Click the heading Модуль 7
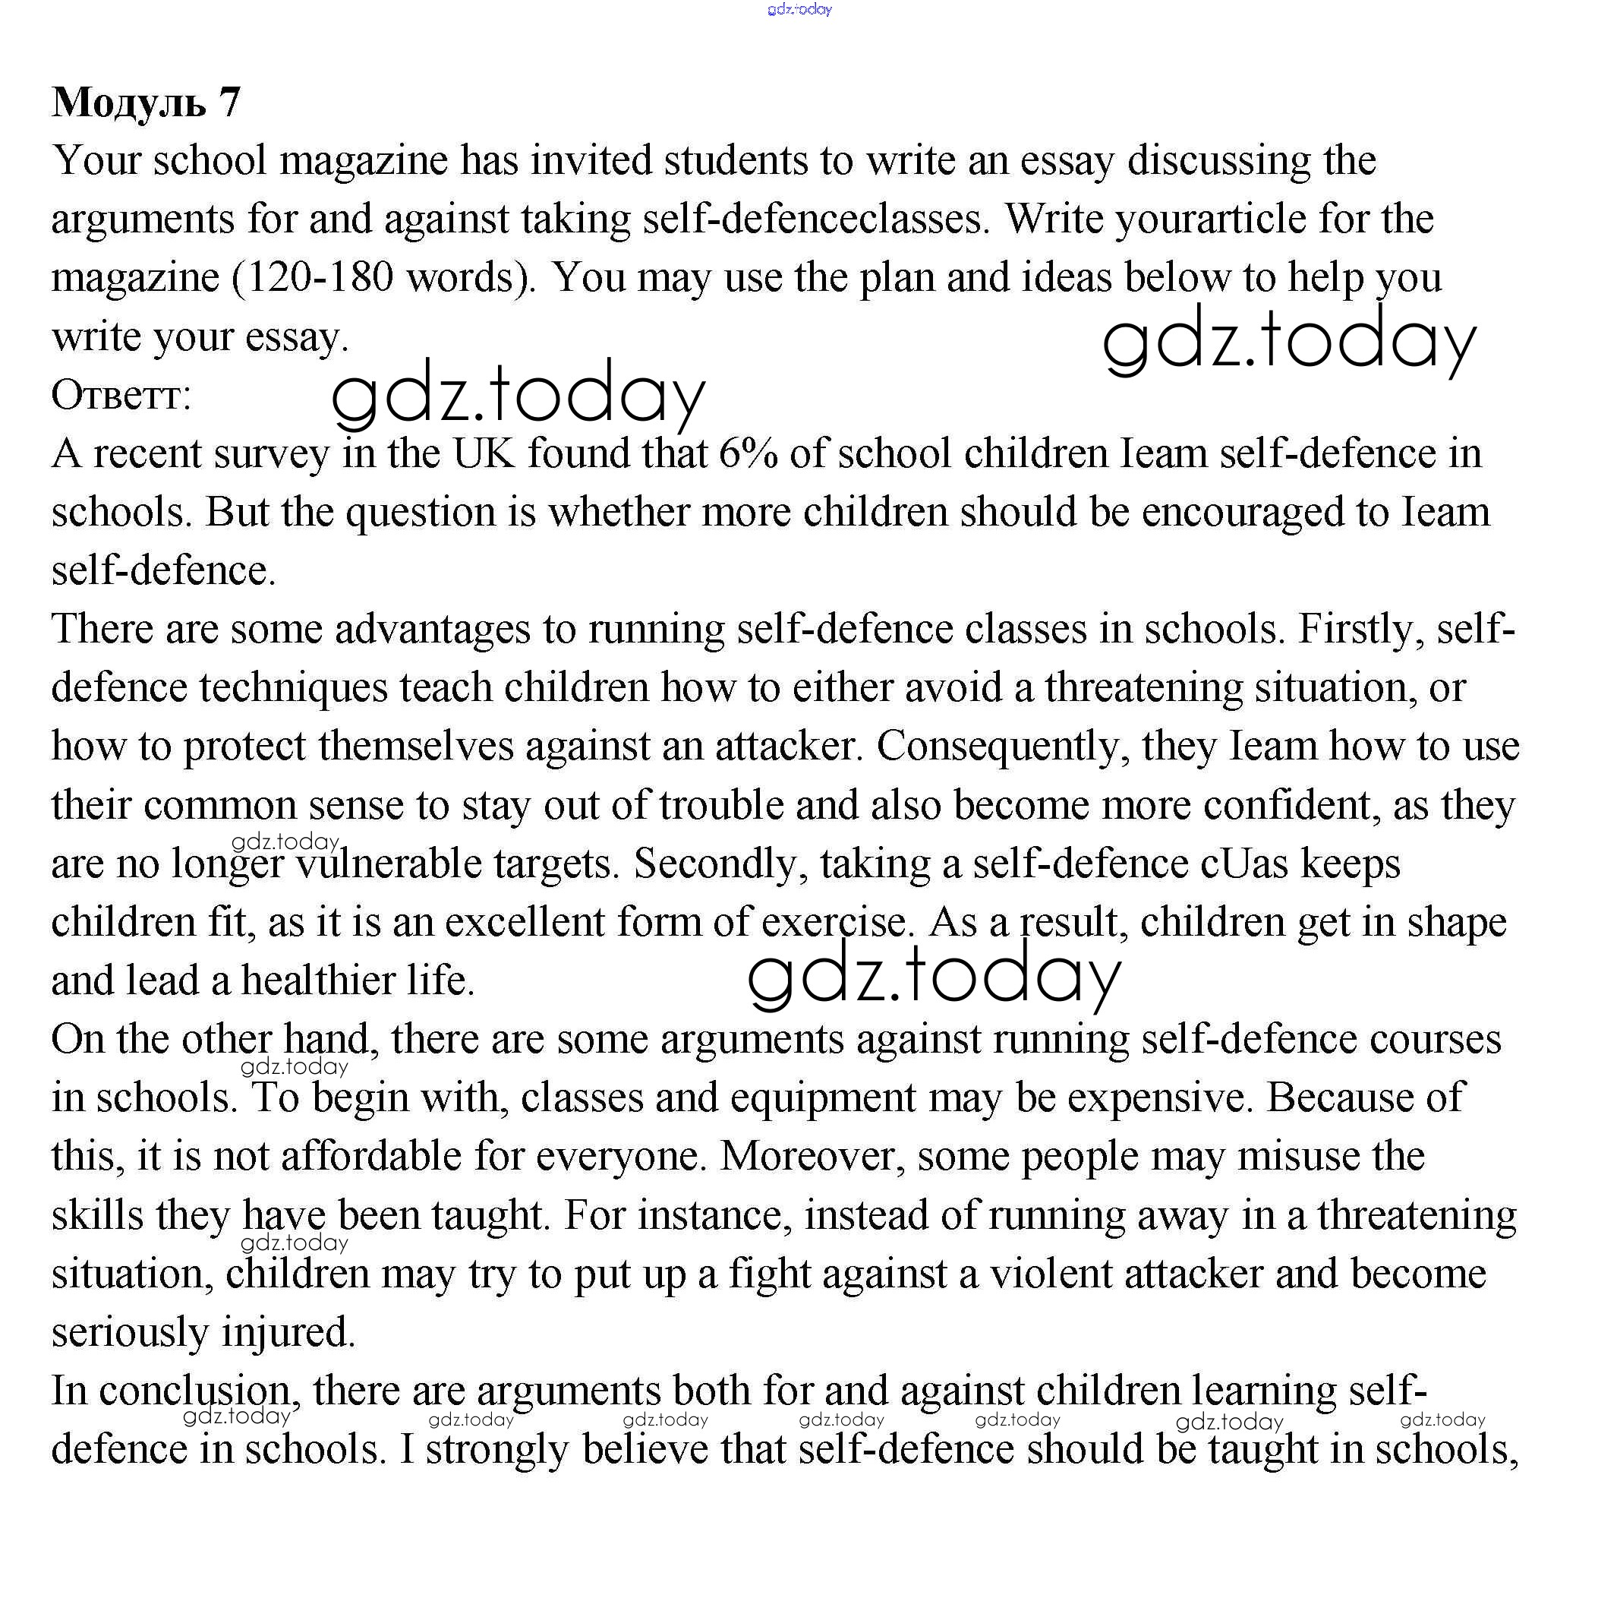pyautogui.click(x=146, y=103)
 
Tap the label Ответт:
pyautogui.click(x=121, y=396)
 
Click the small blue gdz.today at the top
pyautogui.click(x=799, y=10)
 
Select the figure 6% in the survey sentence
pyautogui.click(x=748, y=454)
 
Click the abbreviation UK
pyautogui.click(x=483, y=454)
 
